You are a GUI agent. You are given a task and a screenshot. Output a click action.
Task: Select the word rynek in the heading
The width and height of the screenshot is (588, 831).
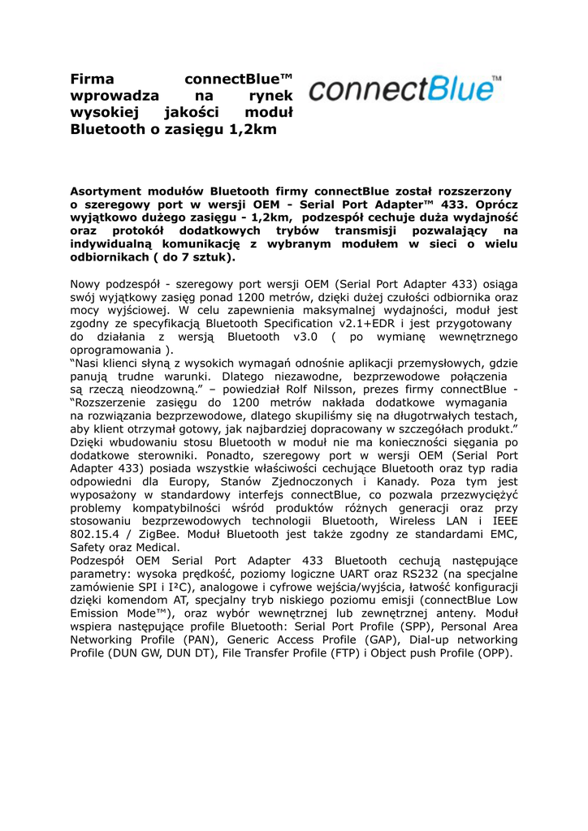click(270, 96)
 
